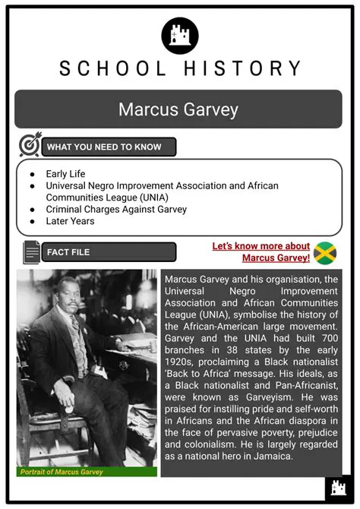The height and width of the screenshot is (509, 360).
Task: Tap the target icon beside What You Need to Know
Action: [30, 146]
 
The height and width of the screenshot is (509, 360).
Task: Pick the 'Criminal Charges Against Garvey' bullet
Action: [116, 209]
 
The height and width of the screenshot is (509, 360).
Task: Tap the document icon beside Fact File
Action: [32, 251]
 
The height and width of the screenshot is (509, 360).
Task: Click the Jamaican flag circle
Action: [325, 253]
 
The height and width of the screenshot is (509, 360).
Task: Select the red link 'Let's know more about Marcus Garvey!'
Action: [263, 251]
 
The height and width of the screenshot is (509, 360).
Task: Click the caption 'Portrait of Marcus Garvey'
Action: [62, 472]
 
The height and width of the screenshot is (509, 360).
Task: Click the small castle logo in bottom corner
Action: [335, 487]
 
